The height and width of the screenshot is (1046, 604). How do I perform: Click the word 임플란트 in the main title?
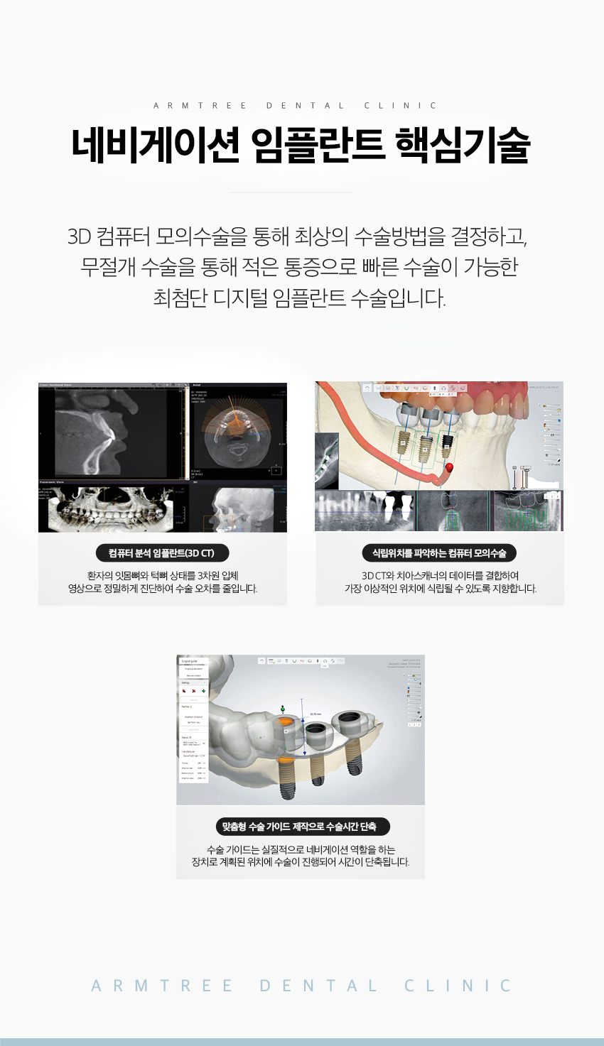(318, 145)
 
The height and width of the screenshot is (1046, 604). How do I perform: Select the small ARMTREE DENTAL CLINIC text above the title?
(295, 106)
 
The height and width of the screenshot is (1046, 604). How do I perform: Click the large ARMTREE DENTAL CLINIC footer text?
(301, 986)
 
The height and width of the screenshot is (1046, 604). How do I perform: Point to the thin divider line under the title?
(291, 192)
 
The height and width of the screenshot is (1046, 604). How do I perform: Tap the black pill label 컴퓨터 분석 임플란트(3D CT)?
(161, 553)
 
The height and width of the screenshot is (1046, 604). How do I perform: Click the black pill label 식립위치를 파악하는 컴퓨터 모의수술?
(439, 553)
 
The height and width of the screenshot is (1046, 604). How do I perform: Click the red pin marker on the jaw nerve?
(449, 467)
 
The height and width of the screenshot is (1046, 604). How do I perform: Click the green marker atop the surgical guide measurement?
(284, 708)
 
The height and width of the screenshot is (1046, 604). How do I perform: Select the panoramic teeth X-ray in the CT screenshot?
(114, 509)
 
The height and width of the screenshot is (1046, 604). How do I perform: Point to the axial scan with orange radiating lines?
(234, 433)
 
